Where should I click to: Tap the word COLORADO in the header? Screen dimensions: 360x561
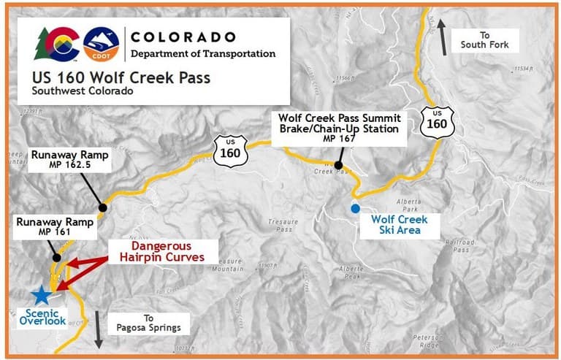183,37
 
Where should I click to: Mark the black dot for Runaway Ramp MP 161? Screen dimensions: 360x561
56,258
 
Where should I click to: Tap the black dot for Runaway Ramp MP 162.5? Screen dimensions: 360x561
103,207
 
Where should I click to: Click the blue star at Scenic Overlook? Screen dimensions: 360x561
42,295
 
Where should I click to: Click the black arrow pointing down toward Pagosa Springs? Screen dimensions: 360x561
99,330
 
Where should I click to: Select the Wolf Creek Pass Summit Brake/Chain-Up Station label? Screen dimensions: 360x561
337,129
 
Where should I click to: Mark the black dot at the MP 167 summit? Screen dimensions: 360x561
338,166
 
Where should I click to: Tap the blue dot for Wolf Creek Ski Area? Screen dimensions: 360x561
355,209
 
